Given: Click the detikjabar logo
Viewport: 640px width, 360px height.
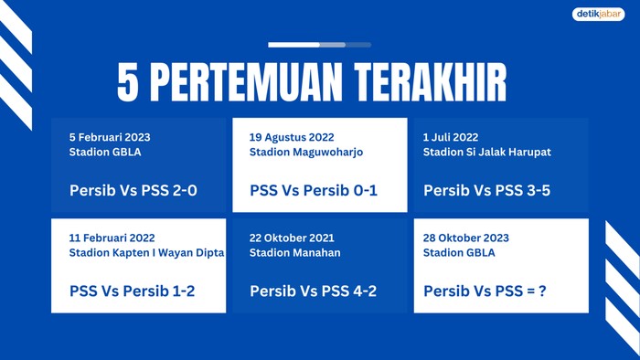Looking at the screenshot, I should click(599, 15).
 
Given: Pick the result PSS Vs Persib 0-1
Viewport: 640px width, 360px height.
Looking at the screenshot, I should click(314, 192).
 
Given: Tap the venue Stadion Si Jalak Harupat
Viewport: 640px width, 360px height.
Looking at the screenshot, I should click(486, 152).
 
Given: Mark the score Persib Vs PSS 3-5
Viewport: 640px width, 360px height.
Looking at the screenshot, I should click(487, 192).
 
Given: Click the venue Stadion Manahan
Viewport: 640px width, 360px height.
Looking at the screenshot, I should click(294, 252).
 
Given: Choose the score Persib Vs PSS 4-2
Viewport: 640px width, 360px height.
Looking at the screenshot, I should click(314, 292).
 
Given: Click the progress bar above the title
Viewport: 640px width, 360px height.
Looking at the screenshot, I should click(319, 44).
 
